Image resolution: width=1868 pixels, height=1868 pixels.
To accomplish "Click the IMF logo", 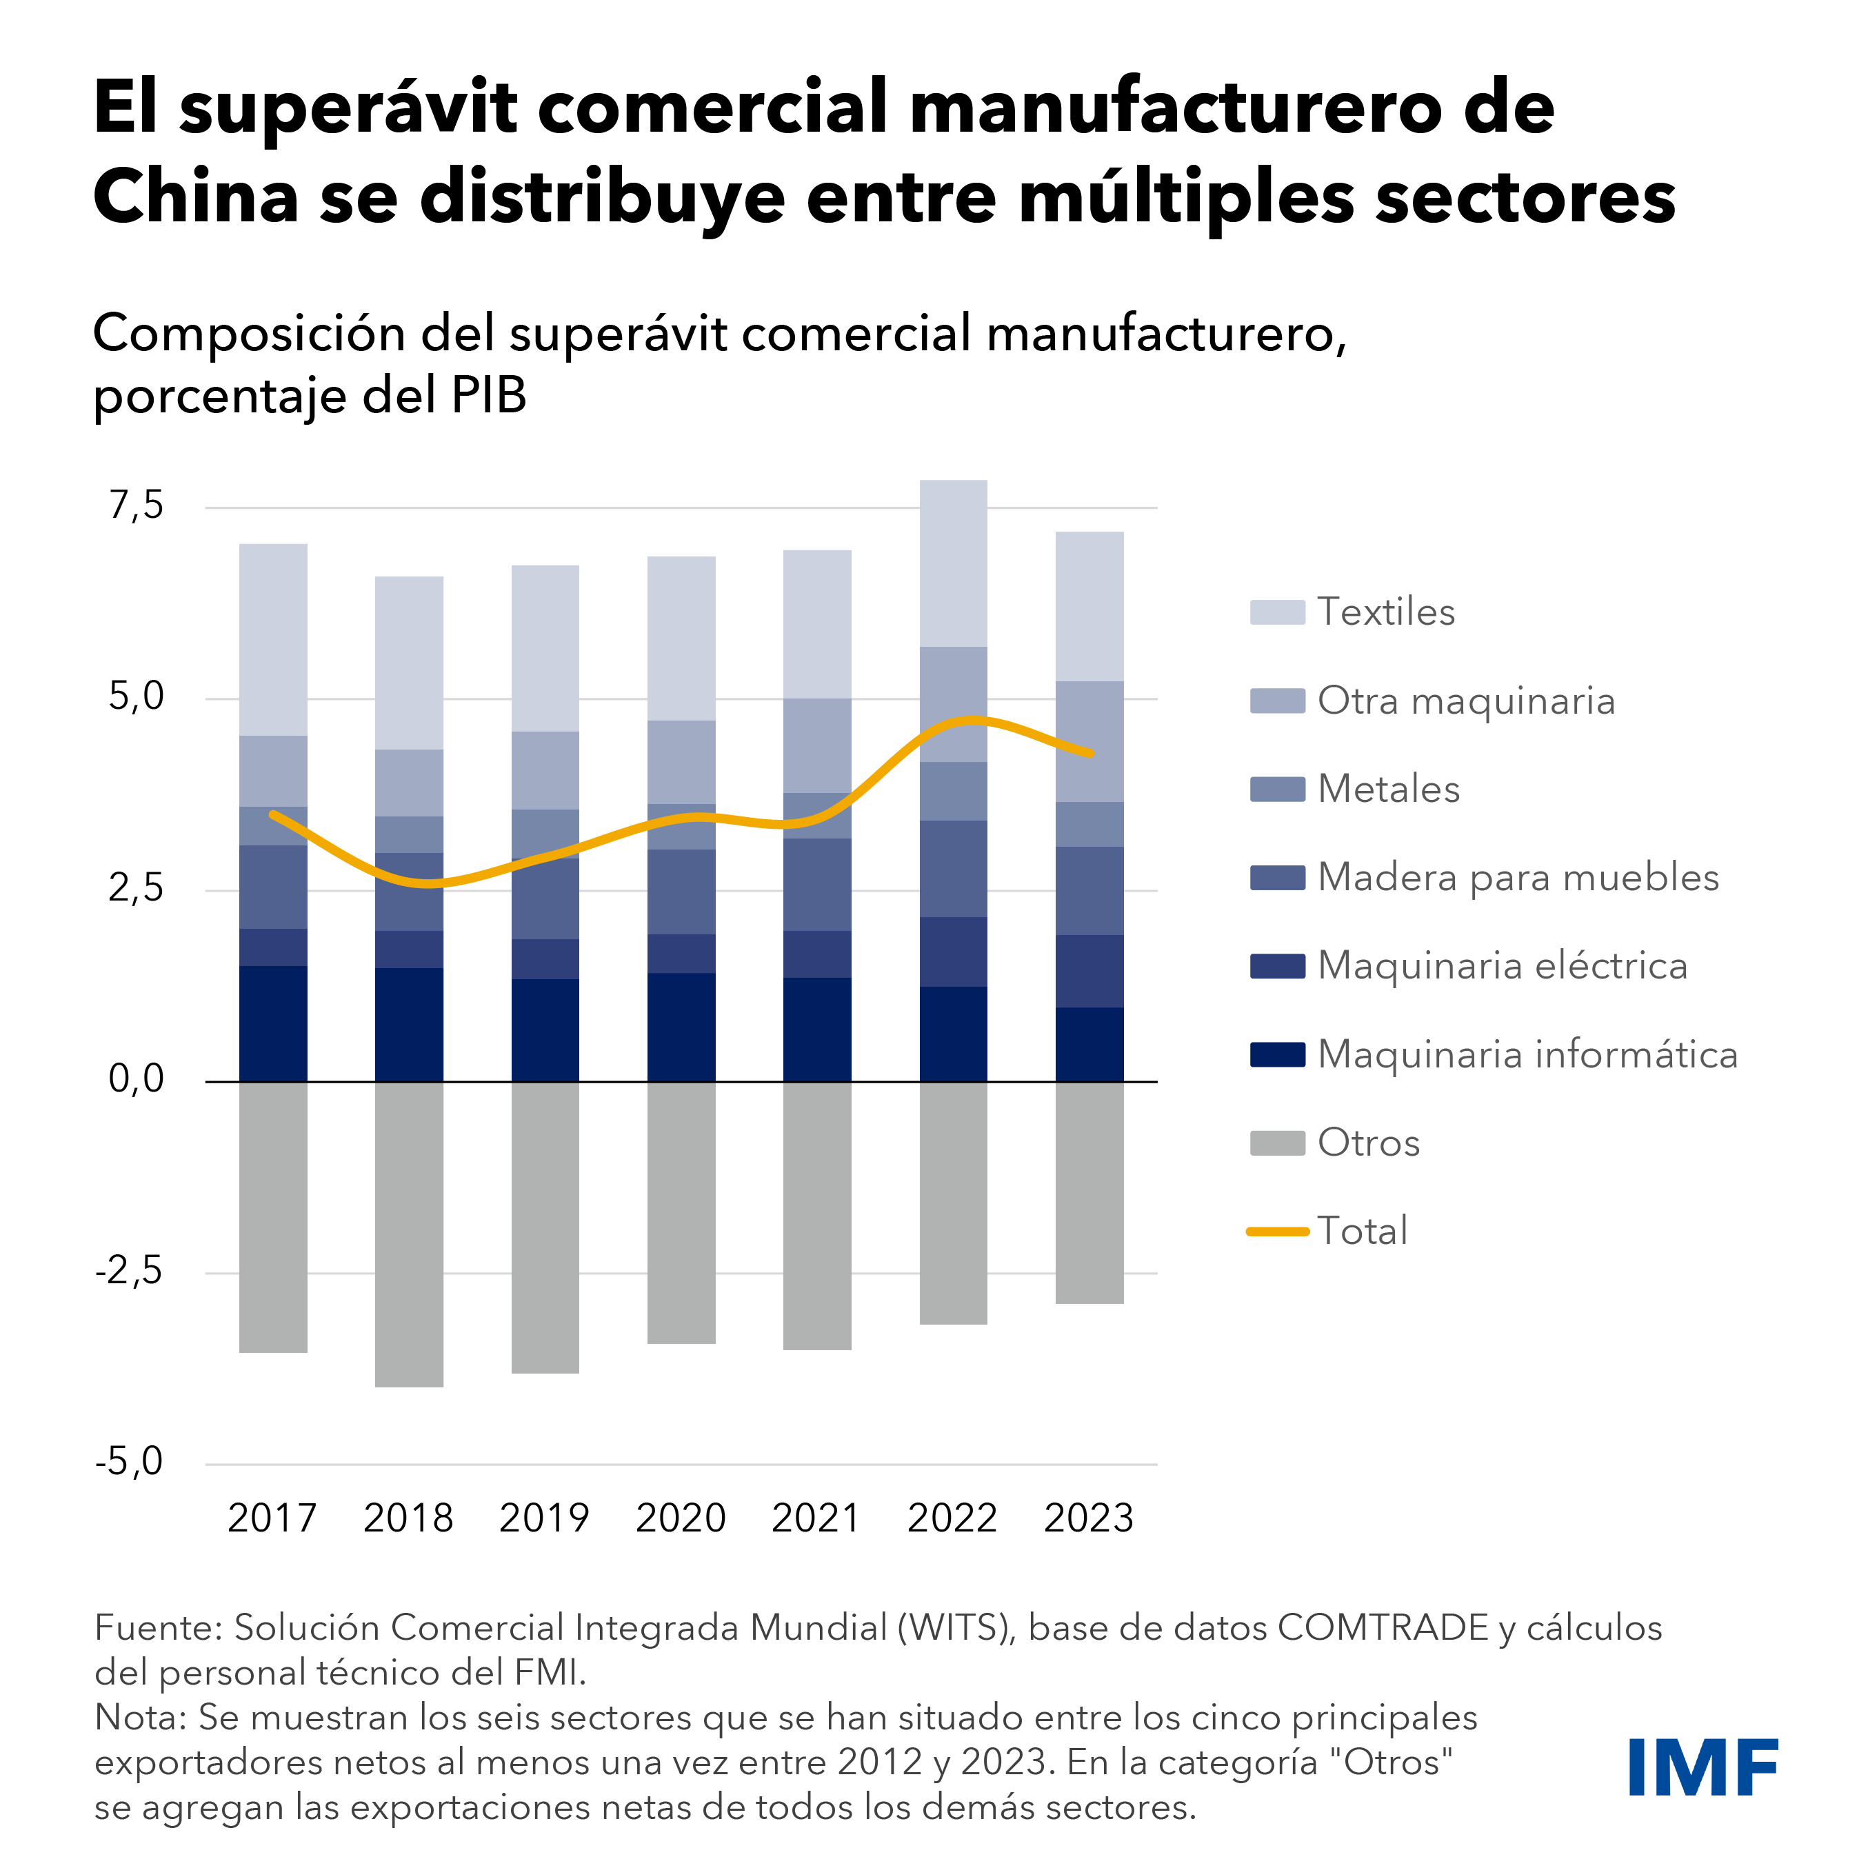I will coord(1703,1767).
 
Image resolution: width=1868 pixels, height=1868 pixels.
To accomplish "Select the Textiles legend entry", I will coord(1385,612).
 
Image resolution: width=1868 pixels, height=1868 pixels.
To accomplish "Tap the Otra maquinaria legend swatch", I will coord(1276,701).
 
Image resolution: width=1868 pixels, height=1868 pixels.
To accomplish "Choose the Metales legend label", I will coord(1389,789).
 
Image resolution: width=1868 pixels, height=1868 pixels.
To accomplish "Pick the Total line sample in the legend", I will coord(1276,1232).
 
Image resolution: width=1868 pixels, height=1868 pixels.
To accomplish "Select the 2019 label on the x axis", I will coord(544,1518).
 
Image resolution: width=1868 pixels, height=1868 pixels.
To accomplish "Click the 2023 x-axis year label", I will coord(1089,1518).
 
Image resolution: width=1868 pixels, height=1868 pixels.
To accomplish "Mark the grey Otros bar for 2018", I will coord(409,1234).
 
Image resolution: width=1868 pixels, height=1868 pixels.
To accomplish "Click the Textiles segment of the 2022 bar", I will coord(954,563).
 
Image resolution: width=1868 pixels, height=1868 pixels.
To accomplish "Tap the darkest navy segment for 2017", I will coord(274,1023).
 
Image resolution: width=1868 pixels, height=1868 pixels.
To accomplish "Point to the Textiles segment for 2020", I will coord(682,638).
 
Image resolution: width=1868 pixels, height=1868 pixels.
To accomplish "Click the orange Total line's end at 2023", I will coord(1091,753).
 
